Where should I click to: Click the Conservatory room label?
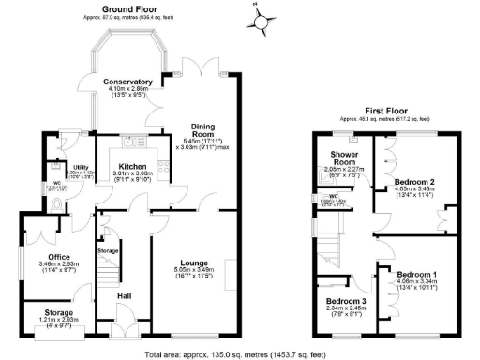[130, 82]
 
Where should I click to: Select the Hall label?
[123, 295]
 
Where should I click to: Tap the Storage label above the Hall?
[108, 251]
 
